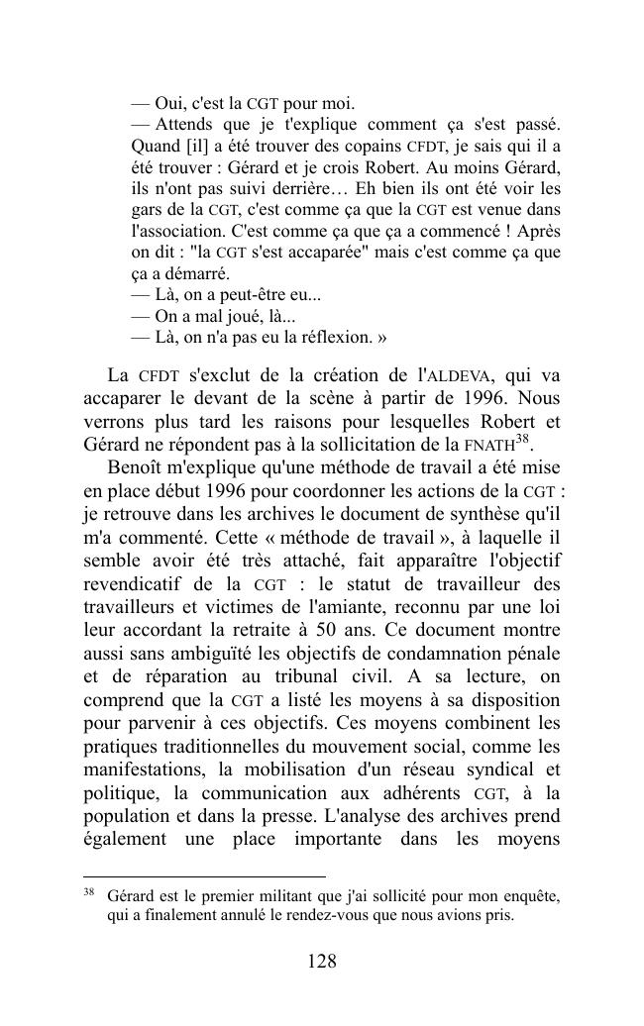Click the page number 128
[x=322, y=962]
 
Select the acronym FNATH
[x=490, y=444]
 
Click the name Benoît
[x=136, y=466]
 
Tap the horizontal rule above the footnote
[x=204, y=875]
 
